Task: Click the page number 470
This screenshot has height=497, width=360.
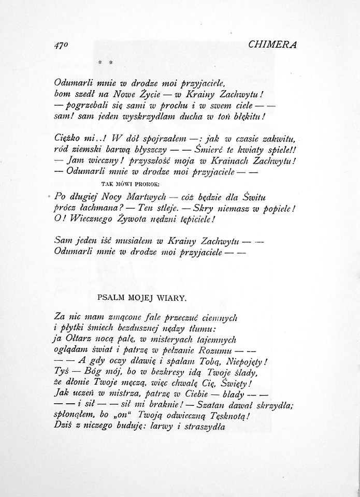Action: pos(62,45)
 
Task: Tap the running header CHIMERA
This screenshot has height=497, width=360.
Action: pos(272,45)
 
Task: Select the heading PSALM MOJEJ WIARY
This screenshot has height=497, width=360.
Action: pos(141,299)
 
